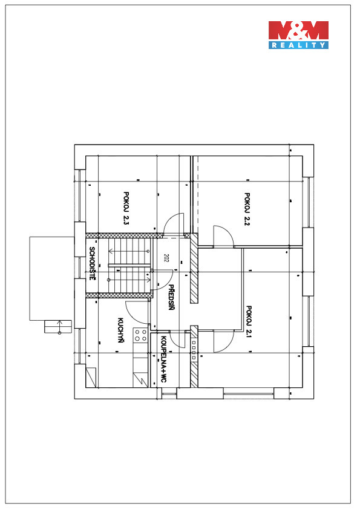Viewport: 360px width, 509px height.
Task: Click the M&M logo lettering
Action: tap(298, 30)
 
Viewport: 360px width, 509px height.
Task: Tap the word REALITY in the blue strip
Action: tap(298, 45)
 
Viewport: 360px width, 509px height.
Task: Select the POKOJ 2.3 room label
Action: tap(126, 208)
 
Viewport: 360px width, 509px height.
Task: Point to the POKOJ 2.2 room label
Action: tap(247, 209)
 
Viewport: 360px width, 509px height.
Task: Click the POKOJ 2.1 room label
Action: tap(249, 322)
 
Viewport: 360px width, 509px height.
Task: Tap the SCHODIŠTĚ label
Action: tap(92, 264)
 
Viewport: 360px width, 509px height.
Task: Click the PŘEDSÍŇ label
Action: tap(171, 297)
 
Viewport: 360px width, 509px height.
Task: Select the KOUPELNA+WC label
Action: tap(163, 359)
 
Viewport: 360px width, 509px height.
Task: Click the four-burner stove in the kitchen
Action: tap(140, 335)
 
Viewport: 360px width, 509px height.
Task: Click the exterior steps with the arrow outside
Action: tap(58, 326)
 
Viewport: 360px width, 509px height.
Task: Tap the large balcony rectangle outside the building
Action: tap(52, 278)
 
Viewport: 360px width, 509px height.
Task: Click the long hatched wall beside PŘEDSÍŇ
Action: tap(194, 269)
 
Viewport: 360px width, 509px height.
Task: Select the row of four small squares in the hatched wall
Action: tap(194, 350)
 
